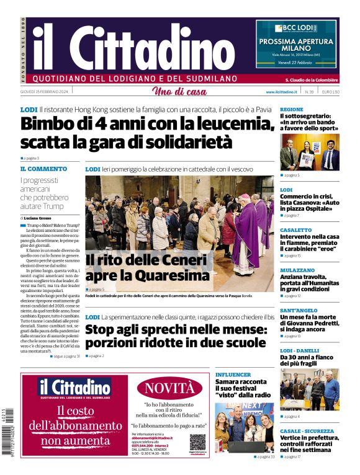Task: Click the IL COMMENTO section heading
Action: (43, 169)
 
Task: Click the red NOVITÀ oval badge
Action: (169, 389)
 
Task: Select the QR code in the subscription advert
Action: (197, 442)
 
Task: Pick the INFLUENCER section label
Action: (233, 375)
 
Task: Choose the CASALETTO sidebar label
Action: (295, 229)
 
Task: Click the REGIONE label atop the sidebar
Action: (292, 109)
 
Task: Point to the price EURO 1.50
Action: (330, 92)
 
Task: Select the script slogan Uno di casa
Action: (179, 92)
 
